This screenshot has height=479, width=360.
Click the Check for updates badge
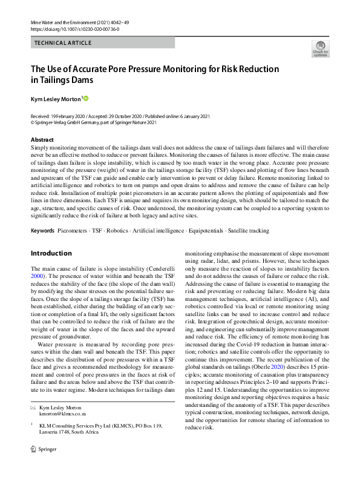pyautogui.click(x=320, y=48)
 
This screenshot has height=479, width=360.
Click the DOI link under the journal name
pyautogui.click(x=74, y=28)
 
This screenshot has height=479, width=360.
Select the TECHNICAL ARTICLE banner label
pyautogui.click(x=63, y=43)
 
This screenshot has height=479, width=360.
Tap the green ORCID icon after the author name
pyautogui.click(x=85, y=98)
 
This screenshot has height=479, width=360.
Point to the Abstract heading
pyautogui.click(x=42, y=140)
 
